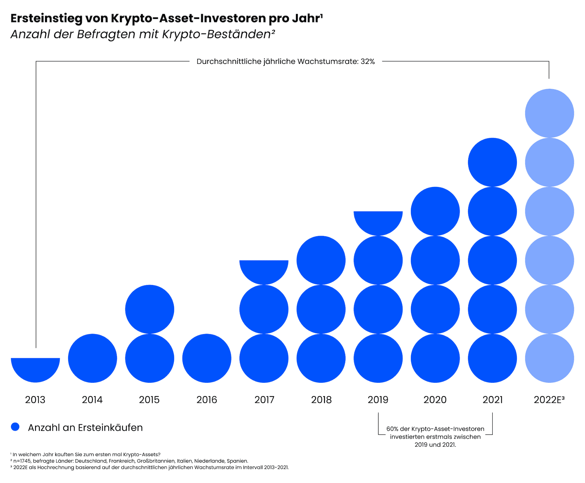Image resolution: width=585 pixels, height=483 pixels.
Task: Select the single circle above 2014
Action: (x=92, y=358)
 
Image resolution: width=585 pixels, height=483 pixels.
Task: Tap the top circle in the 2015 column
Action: (x=150, y=309)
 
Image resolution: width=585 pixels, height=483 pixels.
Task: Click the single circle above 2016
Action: (x=207, y=358)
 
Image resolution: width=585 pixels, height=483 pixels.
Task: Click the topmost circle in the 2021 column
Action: (x=492, y=162)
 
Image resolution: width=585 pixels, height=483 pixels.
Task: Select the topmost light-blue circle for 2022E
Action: (x=549, y=113)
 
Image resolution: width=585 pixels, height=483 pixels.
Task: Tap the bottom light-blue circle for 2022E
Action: (x=549, y=358)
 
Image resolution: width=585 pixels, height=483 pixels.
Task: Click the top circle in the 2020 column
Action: (x=435, y=211)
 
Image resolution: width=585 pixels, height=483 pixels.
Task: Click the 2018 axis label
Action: (x=321, y=400)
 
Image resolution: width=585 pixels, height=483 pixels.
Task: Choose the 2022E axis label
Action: (x=549, y=400)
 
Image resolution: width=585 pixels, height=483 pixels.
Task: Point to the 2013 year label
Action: (x=35, y=400)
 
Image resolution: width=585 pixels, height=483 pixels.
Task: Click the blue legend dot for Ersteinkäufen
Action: (x=15, y=427)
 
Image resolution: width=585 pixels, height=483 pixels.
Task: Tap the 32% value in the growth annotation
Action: (x=368, y=62)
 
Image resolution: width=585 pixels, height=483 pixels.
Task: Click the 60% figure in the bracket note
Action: (x=392, y=429)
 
